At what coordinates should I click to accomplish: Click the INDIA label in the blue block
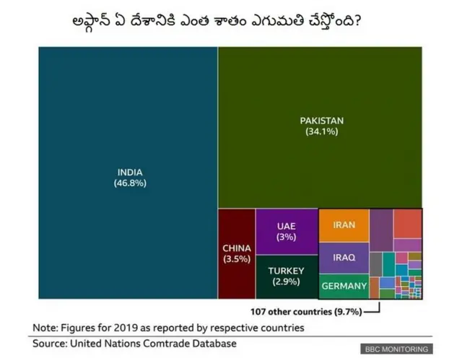click(130, 172)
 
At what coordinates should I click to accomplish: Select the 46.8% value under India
click(130, 184)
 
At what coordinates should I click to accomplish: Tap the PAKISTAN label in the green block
click(322, 121)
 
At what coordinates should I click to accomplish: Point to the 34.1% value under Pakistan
click(322, 132)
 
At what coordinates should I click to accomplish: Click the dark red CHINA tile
click(237, 253)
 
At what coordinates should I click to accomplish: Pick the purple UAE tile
click(287, 232)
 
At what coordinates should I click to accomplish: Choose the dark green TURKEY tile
click(287, 276)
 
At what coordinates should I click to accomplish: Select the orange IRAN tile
click(344, 225)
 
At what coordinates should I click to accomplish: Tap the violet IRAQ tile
click(344, 258)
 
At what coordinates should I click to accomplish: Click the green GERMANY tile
click(344, 287)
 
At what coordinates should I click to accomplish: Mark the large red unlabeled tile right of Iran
click(408, 224)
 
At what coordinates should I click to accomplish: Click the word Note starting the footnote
click(45, 328)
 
